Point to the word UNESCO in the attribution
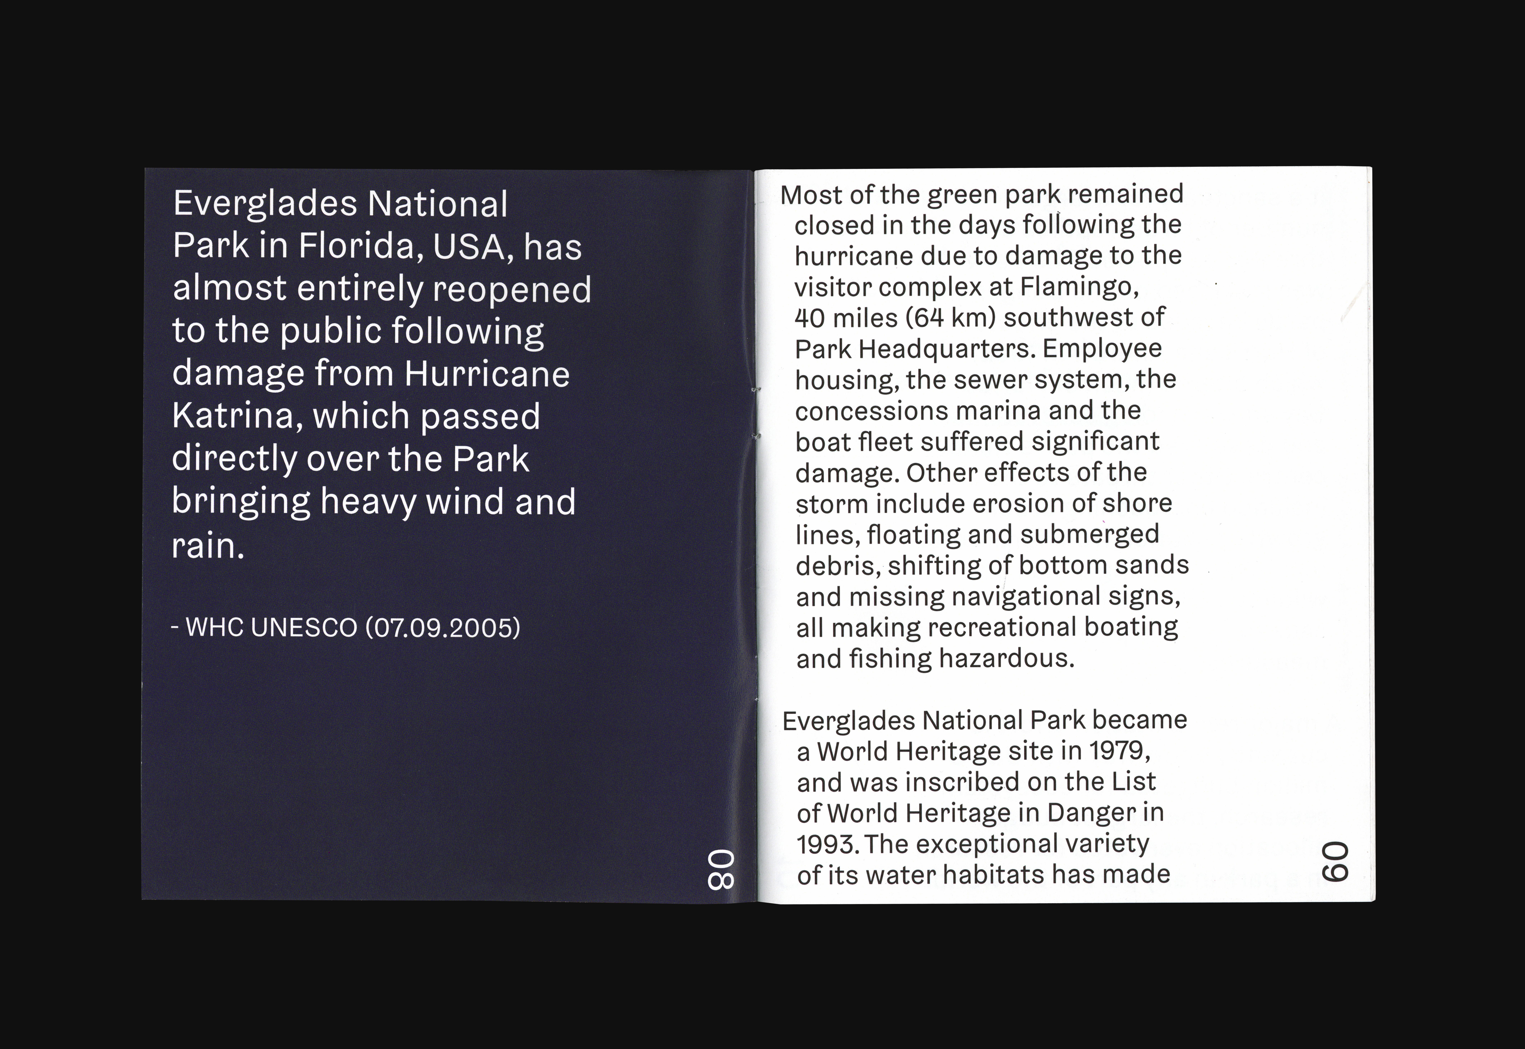click(304, 628)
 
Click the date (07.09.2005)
click(443, 628)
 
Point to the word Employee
click(1102, 348)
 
